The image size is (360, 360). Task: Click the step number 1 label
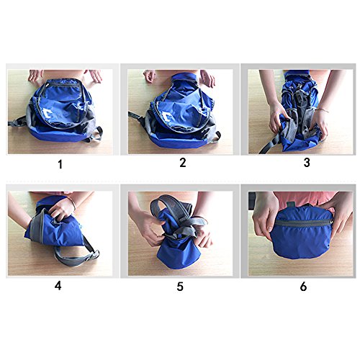(60, 164)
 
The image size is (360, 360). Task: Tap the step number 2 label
(183, 163)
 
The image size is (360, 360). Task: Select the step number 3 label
(307, 163)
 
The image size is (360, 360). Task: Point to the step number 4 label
(58, 286)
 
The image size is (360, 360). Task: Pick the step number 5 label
(180, 287)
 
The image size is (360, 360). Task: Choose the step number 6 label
(303, 287)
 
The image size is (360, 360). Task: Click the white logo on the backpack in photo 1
(48, 113)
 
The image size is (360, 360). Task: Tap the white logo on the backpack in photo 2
(166, 117)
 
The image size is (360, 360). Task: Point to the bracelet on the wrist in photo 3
(321, 110)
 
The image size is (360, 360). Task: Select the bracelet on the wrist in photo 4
(71, 203)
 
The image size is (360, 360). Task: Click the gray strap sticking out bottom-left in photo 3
(269, 145)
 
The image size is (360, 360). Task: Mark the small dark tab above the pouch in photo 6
(291, 204)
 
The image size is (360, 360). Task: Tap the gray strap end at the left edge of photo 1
(17, 122)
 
